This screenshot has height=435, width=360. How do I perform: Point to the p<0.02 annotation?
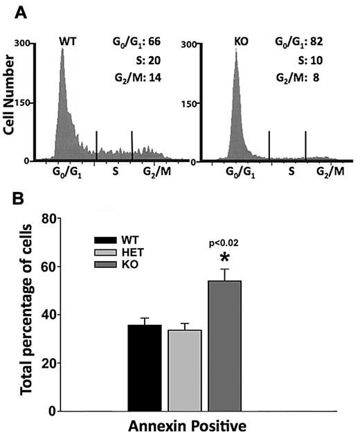coord(224,244)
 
